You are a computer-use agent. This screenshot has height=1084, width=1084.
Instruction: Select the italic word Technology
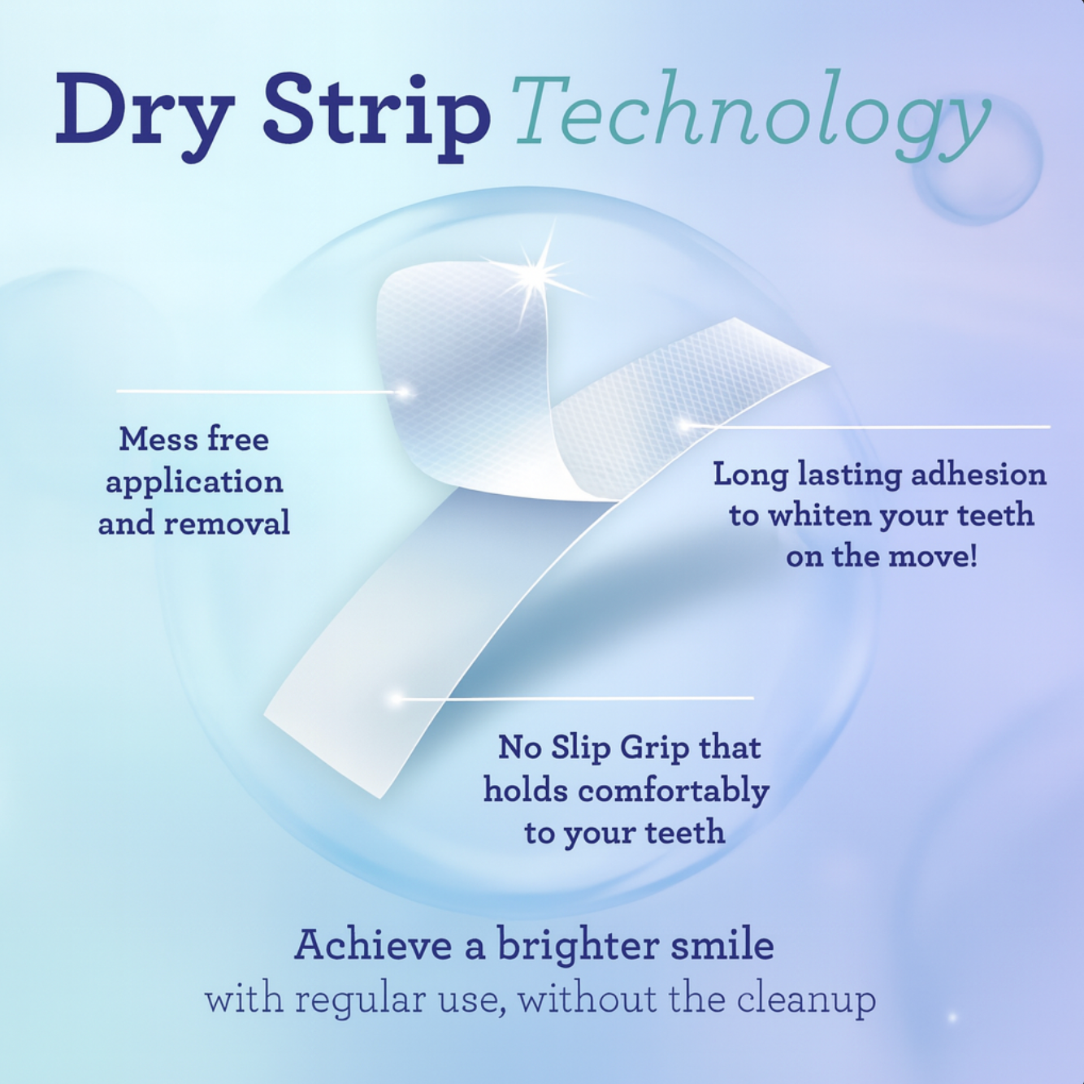pyautogui.click(x=751, y=114)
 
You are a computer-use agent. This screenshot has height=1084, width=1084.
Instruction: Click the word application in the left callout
pyautogui.click(x=194, y=482)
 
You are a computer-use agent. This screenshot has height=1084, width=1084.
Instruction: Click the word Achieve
pyautogui.click(x=373, y=945)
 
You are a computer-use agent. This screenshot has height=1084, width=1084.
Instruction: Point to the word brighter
pyautogui.click(x=579, y=945)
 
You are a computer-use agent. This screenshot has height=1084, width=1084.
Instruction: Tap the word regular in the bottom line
pyautogui.click(x=360, y=999)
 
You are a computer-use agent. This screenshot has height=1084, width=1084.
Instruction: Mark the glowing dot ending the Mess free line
pyautogui.click(x=402, y=392)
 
